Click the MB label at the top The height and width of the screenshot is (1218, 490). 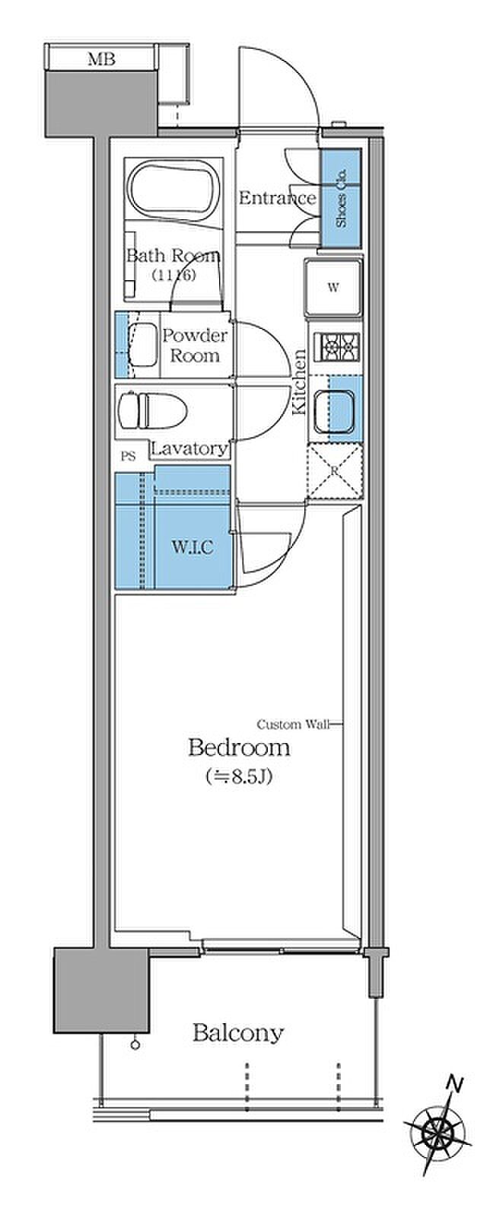click(x=102, y=59)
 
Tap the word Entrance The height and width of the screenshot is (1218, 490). click(x=277, y=197)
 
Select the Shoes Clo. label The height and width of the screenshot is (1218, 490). click(x=341, y=199)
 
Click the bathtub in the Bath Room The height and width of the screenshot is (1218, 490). click(x=173, y=191)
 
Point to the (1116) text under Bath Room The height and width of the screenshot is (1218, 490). click(x=173, y=275)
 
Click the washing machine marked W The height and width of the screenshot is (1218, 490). click(x=333, y=288)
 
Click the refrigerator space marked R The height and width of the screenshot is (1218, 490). click(x=335, y=471)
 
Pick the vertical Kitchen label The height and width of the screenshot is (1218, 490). click(x=299, y=381)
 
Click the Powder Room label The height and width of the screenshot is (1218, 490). click(x=195, y=346)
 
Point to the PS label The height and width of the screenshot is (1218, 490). click(x=128, y=456)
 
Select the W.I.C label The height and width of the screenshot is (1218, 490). click(x=192, y=547)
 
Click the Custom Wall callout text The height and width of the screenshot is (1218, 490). click(x=293, y=724)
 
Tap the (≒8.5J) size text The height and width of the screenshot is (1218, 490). click(x=238, y=777)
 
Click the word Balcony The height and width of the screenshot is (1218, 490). click(x=238, y=1032)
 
